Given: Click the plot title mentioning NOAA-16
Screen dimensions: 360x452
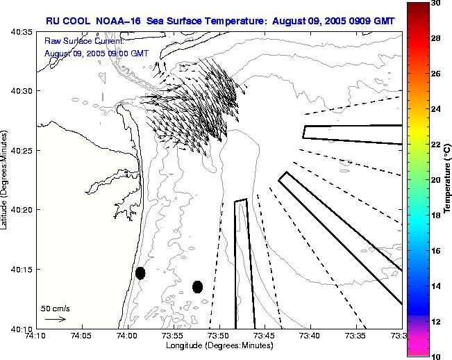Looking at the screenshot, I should tap(220, 21).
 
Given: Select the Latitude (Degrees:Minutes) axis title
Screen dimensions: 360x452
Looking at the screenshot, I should tap(6, 179).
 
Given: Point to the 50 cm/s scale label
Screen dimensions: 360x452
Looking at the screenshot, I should tap(55, 307).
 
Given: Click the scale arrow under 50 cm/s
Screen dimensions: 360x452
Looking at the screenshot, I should tap(55, 319).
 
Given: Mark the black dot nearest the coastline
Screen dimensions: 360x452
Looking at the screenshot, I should tap(140, 273).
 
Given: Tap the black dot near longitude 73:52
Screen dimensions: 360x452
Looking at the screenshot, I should tap(197, 286).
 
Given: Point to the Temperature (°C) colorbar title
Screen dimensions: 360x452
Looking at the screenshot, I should tap(447, 179).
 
